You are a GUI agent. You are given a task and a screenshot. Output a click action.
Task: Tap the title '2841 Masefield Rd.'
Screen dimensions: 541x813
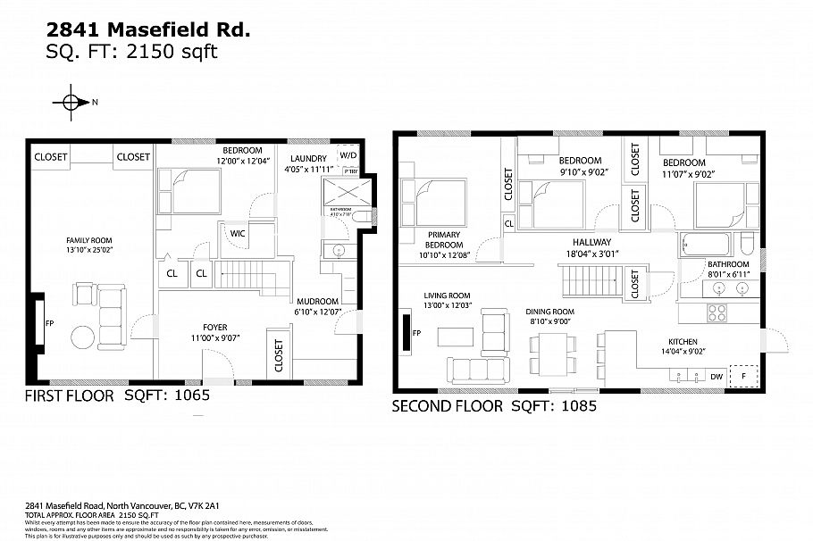point(148,29)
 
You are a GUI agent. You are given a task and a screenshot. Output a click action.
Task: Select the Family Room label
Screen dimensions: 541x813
point(88,240)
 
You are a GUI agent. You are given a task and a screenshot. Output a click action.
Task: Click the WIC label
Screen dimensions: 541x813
point(238,234)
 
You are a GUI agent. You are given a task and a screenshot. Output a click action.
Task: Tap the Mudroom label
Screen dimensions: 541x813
point(317,301)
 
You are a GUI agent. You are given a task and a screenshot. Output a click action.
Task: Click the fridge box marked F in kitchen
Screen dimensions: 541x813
point(743,377)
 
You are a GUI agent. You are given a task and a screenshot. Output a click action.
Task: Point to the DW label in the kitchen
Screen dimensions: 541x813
point(716,377)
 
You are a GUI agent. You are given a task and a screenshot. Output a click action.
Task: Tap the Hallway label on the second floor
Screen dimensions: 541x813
point(591,242)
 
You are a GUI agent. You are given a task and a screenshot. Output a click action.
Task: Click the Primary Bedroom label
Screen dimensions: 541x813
point(443,238)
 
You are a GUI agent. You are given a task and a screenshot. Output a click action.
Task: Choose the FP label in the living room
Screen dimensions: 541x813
point(416,335)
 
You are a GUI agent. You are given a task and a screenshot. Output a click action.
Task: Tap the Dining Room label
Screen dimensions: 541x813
point(550,312)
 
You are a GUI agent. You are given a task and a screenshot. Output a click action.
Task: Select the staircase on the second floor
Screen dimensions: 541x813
point(591,283)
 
